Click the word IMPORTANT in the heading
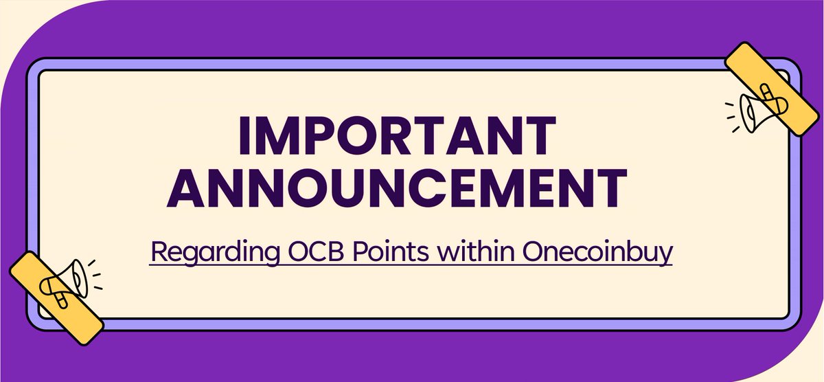point(396,136)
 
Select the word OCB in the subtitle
point(304,251)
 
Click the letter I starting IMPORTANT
point(246,136)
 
